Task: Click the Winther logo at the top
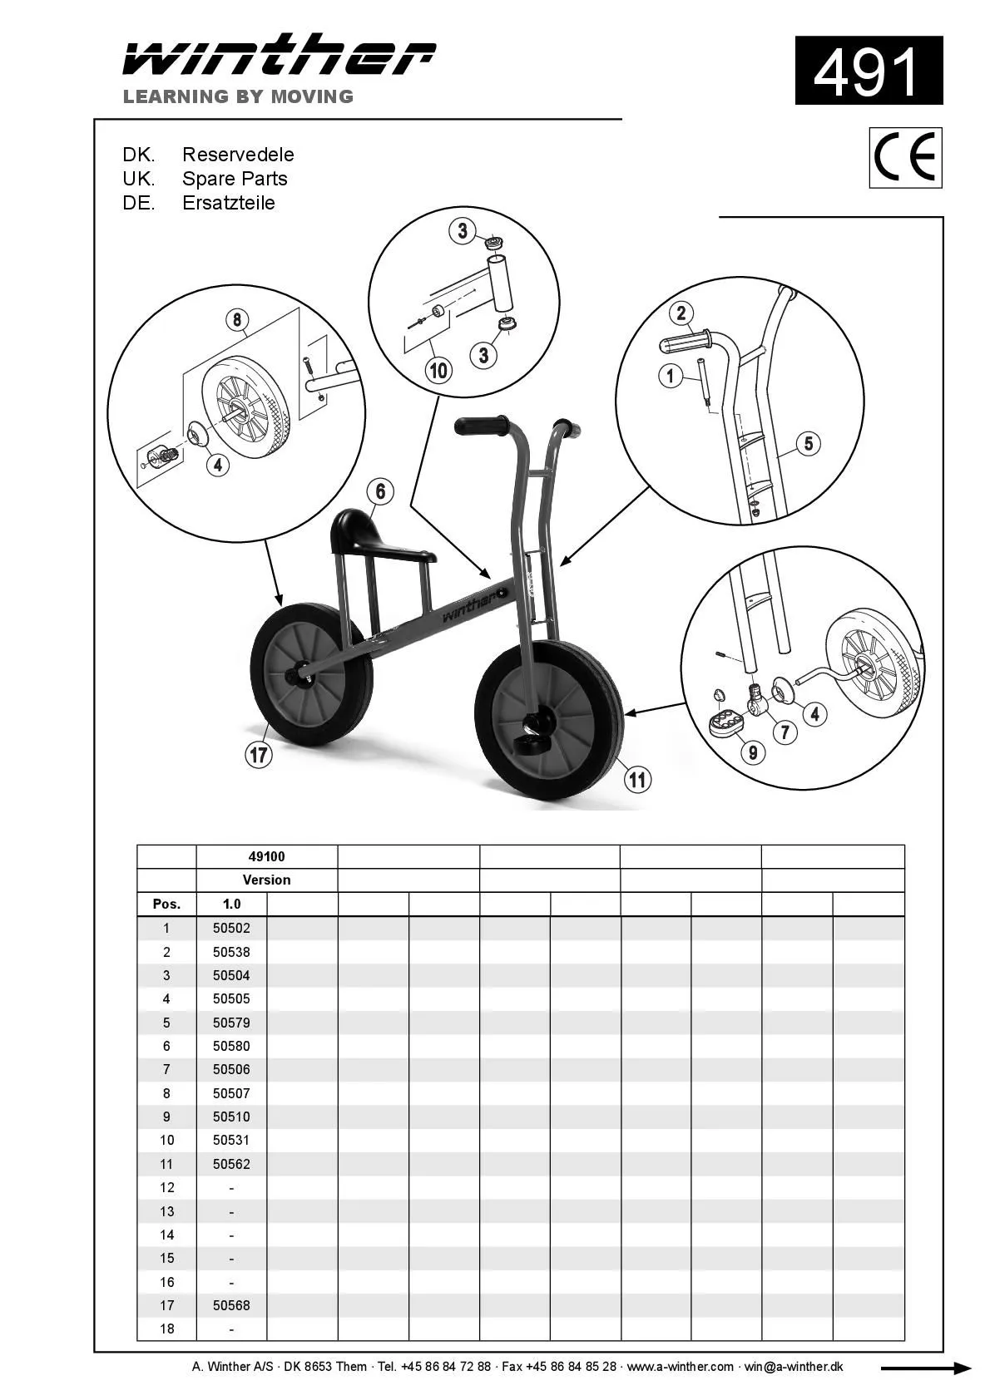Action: tap(279, 57)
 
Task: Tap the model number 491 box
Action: tap(869, 71)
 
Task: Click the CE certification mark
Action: tap(905, 158)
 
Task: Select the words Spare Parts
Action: tap(235, 179)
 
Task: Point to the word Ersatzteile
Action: tap(228, 203)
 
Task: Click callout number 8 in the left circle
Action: tap(237, 320)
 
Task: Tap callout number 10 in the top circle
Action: tap(438, 370)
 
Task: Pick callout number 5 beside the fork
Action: tap(809, 443)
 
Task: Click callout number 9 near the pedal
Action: tap(753, 752)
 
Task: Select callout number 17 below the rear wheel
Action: tap(260, 754)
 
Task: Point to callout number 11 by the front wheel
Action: tap(637, 779)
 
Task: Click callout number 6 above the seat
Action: tap(380, 491)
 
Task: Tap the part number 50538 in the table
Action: tap(231, 952)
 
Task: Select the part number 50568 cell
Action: tap(231, 1305)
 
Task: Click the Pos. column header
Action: tap(166, 904)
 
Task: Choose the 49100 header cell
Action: tap(266, 856)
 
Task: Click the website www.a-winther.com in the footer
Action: tap(680, 1367)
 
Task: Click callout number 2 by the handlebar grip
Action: tap(681, 313)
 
